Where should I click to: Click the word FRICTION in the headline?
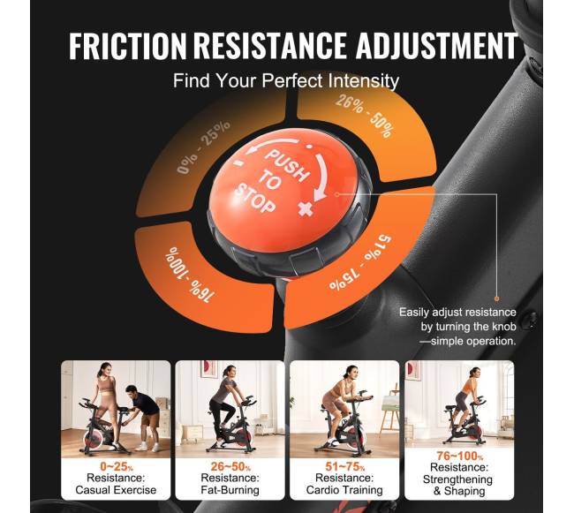(128, 46)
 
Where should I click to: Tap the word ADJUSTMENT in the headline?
(437, 46)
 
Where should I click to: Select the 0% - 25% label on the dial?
(203, 147)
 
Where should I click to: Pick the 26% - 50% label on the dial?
(366, 116)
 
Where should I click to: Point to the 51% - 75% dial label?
(360, 262)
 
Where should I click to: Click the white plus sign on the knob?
(306, 209)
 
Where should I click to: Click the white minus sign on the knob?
(238, 162)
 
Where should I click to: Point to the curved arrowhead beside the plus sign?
(320, 195)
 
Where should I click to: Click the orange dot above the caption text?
(497, 298)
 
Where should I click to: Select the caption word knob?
(503, 327)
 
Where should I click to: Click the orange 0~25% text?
(116, 466)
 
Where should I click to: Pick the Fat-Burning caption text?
(230, 489)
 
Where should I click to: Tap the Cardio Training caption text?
(344, 489)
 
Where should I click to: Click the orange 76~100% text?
(459, 456)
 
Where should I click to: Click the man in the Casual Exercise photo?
(144, 417)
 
